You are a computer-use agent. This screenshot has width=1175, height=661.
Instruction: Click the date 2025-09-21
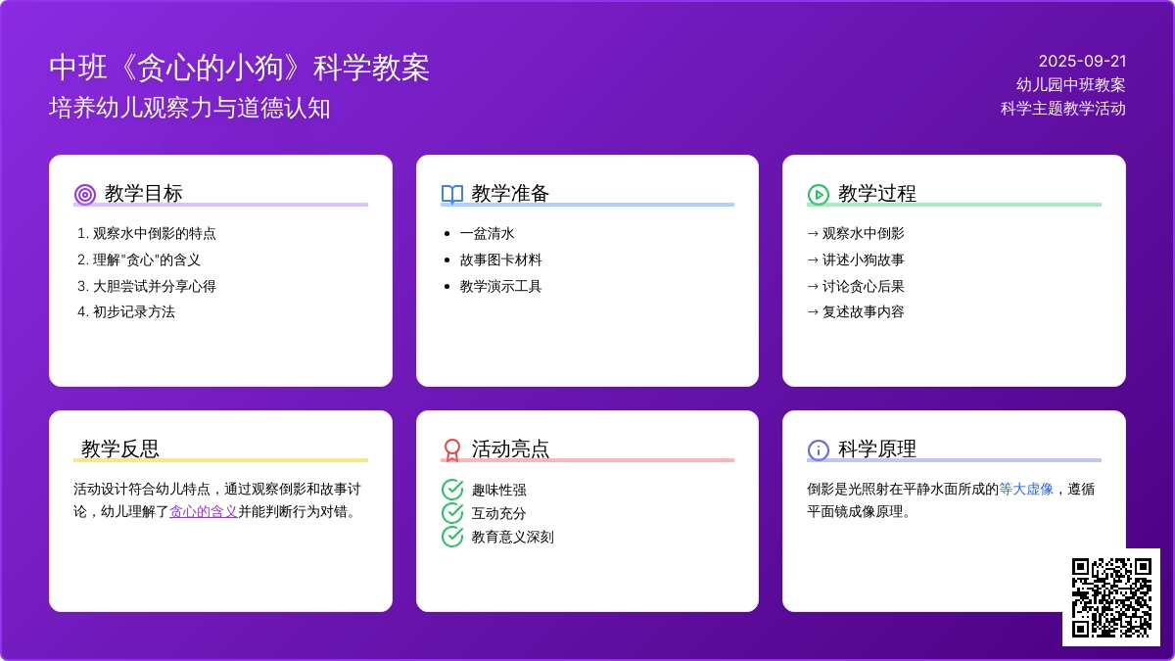(x=1082, y=61)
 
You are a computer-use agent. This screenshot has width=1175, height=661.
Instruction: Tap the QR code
(x=1110, y=597)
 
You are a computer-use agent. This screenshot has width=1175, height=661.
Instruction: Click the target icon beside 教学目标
(x=85, y=194)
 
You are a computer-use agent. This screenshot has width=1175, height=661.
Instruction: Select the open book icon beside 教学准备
(x=451, y=194)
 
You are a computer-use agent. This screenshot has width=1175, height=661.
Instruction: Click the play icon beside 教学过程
(x=818, y=194)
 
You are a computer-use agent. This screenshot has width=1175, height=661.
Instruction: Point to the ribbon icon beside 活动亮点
(x=451, y=449)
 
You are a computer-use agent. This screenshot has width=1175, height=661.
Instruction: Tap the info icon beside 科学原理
(x=818, y=449)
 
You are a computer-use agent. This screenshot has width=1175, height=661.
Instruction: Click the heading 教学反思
(x=119, y=449)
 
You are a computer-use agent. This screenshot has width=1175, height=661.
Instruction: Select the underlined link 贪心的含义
(x=204, y=511)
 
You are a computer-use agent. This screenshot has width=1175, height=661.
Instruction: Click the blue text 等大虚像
(x=1026, y=489)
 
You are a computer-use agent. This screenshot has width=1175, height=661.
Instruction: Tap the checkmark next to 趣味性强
(x=451, y=490)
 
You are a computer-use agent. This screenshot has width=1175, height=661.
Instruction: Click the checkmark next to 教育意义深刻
(x=451, y=537)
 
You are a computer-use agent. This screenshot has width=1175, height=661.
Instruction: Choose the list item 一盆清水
(x=487, y=233)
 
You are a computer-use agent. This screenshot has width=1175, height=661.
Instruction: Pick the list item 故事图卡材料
(x=500, y=260)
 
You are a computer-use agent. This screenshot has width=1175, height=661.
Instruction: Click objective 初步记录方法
(x=133, y=311)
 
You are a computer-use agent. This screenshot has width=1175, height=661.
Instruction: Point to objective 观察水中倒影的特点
(x=154, y=233)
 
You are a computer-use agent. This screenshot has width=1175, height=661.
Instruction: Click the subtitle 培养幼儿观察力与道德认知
(x=190, y=108)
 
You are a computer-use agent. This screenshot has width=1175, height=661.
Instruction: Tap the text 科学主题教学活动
(x=1062, y=108)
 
